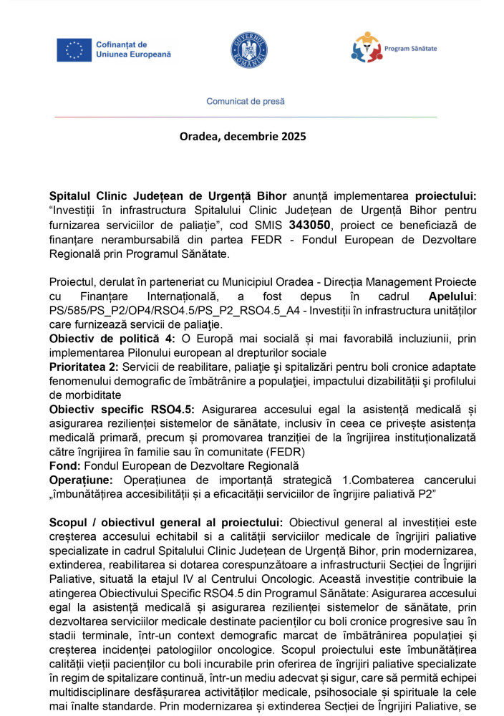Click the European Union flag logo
[x=74, y=49]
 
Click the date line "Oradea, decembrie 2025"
[x=242, y=136]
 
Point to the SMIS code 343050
[x=309, y=225]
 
